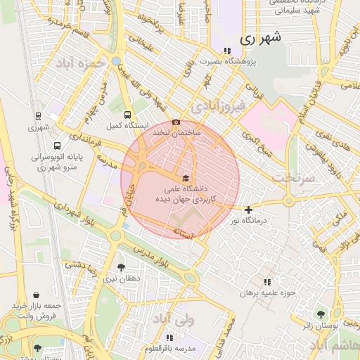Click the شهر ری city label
pos(259,39)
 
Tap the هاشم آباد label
pos(335,347)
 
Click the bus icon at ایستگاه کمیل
pos(127,115)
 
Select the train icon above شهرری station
pos(37,116)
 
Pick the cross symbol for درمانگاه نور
pos(248,210)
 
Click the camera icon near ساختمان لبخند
pos(195,122)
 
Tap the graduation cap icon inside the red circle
pos(186,179)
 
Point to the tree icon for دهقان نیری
pos(121,267)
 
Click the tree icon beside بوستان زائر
pos(321,314)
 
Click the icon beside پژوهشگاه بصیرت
pos(226,51)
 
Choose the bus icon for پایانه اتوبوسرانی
pos(37,146)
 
